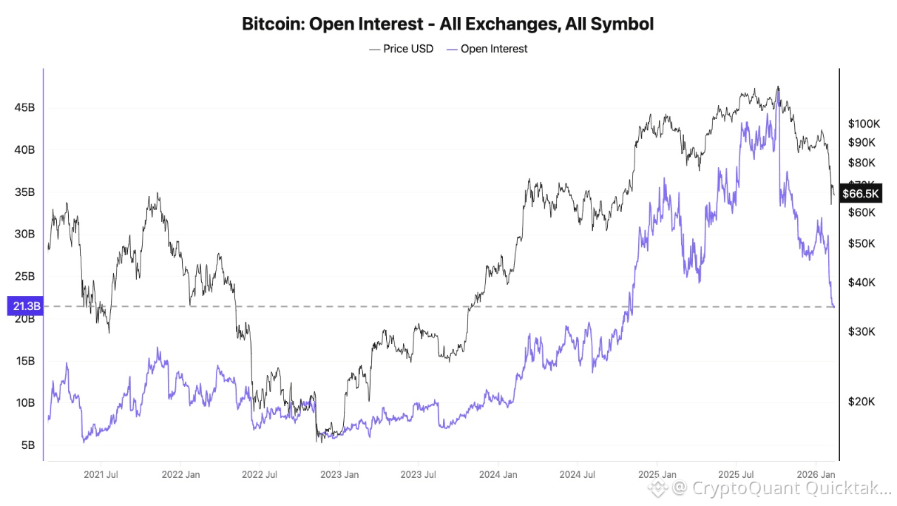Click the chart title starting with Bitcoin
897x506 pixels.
(447, 24)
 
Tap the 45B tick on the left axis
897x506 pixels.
(24, 108)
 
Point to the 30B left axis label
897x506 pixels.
(24, 235)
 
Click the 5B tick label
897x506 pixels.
(27, 445)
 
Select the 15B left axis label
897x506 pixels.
(24, 361)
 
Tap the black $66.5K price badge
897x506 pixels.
(861, 194)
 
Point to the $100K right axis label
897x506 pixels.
(862, 123)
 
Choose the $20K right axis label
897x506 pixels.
(861, 402)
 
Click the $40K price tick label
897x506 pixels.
(861, 283)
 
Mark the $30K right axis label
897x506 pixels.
(861, 332)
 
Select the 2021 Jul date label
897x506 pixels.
(102, 474)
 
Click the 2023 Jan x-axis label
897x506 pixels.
(339, 474)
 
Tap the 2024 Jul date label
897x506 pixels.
(578, 474)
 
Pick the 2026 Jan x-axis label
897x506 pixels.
(816, 474)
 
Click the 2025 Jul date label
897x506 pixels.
(737, 474)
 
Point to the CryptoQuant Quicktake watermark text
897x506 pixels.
(781, 488)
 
